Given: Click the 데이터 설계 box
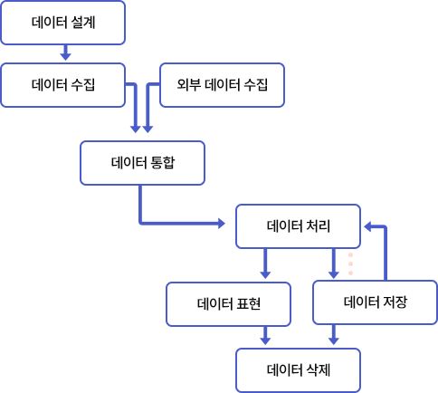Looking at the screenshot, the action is click(62, 23).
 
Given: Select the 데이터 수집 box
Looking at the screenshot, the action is click(62, 85).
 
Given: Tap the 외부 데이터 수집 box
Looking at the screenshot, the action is click(222, 85).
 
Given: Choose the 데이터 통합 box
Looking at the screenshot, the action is click(142, 163).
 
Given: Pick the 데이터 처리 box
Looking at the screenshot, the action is click(298, 226).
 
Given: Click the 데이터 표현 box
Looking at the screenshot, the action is click(228, 304).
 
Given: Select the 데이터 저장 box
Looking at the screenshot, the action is click(375, 302).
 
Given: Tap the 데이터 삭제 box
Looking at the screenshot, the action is click(298, 370).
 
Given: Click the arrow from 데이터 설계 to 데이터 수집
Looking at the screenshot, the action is click(65, 53).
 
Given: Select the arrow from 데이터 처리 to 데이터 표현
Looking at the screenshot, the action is click(265, 264).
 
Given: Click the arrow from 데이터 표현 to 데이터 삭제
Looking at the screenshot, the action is click(265, 335).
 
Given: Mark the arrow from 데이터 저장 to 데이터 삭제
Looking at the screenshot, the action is click(333, 335).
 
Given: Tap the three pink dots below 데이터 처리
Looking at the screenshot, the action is click(350, 264).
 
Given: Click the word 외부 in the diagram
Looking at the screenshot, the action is click(188, 84).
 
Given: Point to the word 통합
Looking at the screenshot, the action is click(163, 163).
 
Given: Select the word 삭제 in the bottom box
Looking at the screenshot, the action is click(319, 370).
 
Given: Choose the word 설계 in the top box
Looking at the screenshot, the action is click(83, 23).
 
